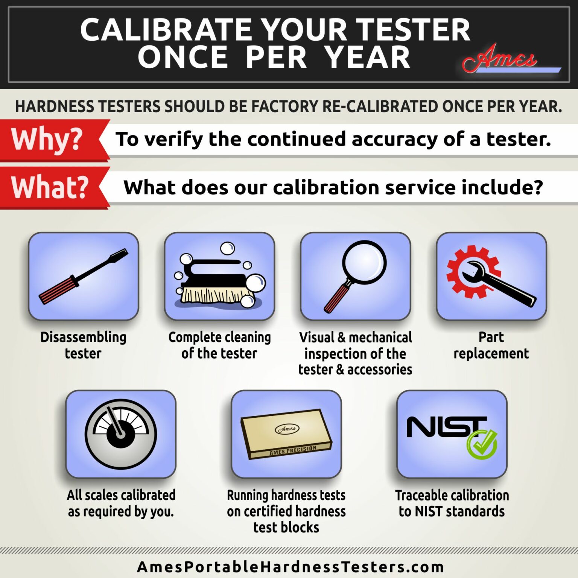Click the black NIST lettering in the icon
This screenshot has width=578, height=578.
point(444,427)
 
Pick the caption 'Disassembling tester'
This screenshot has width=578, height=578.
point(83,345)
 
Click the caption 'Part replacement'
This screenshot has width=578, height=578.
point(491,345)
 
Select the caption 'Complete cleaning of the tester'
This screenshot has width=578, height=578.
point(219,345)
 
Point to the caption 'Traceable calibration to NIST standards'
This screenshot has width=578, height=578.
point(452,503)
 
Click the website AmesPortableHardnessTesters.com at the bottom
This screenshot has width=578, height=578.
point(290,566)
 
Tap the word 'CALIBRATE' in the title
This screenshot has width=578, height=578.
point(166,30)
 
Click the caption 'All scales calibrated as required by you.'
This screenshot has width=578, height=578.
point(121,503)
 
